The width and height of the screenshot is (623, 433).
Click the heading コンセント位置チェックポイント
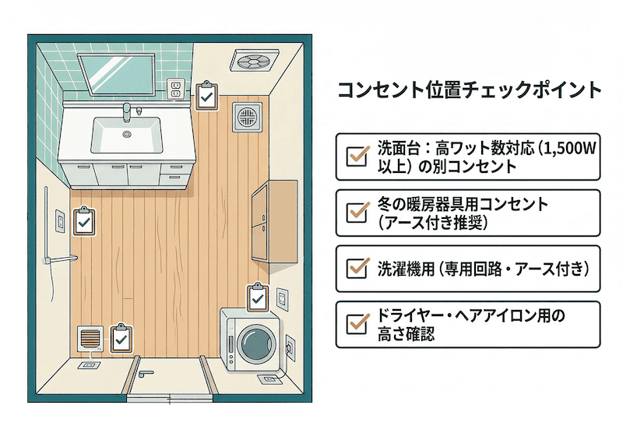click(470, 90)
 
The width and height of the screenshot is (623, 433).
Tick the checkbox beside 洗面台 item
click(357, 154)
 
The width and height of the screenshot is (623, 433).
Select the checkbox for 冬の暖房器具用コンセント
click(357, 212)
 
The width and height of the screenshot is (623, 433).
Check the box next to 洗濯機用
click(357, 269)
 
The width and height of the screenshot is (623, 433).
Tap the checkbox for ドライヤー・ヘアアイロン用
click(357, 324)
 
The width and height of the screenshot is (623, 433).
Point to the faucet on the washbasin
click(127, 114)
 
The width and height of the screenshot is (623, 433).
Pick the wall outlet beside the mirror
click(175, 89)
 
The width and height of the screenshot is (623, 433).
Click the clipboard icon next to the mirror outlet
click(206, 97)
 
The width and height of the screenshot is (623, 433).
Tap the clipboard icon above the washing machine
click(257, 297)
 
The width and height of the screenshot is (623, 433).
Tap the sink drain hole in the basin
click(125, 135)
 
